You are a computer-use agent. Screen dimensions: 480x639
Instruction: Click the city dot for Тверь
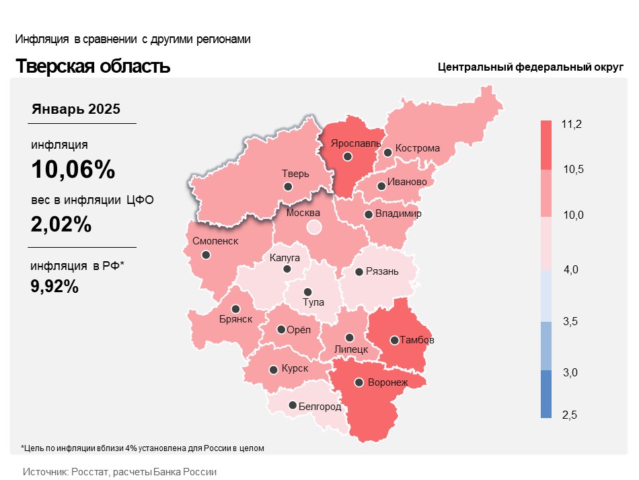tap(288, 186)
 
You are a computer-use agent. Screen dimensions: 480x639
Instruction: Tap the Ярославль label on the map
tap(355, 143)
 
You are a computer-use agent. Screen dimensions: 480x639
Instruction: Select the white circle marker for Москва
tap(314, 227)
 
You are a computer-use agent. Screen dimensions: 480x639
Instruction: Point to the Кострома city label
tap(417, 148)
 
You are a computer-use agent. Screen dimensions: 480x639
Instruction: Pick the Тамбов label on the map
tap(416, 340)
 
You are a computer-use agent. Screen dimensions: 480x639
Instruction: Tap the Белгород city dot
tap(293, 405)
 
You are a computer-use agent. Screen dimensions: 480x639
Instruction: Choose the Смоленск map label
tap(215, 241)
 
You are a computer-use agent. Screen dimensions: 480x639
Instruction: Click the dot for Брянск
tap(235, 309)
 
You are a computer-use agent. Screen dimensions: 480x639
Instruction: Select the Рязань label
tap(382, 272)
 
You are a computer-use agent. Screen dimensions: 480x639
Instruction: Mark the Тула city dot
tap(307, 292)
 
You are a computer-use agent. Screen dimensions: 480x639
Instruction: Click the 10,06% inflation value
tap(73, 170)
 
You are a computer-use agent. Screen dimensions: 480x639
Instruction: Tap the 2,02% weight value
tap(61, 224)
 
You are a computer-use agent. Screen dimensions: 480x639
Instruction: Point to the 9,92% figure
tap(55, 286)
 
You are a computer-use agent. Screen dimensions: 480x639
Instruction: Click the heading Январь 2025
tap(76, 109)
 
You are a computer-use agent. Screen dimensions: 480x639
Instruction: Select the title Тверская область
tap(93, 67)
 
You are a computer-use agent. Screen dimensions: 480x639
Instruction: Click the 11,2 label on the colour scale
tap(571, 125)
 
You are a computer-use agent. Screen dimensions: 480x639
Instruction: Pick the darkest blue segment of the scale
tap(546, 394)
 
